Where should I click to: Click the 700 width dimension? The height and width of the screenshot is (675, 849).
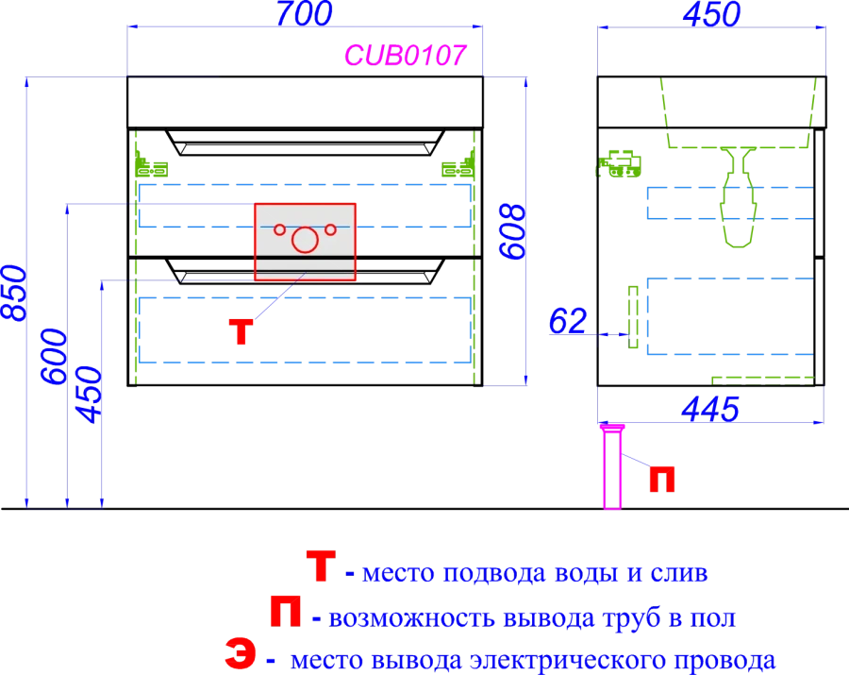304,13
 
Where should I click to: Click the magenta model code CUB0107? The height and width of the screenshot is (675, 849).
405,56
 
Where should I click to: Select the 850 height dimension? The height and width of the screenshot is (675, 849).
14,293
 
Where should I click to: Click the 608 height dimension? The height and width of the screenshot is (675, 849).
511,231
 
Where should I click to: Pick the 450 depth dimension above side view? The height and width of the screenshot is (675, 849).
710,13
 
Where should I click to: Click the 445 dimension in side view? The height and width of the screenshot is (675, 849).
708,409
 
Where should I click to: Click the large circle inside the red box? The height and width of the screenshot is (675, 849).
305,240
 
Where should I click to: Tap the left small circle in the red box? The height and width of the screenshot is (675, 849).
279,228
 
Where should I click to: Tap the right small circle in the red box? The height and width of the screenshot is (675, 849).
330,228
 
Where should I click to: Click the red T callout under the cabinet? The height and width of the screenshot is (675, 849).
241,331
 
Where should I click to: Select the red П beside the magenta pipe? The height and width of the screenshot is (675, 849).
663,480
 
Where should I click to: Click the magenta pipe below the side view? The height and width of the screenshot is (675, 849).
612,467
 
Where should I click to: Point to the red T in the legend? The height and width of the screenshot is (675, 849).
320,567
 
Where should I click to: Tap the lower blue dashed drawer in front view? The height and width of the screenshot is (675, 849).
304,329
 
